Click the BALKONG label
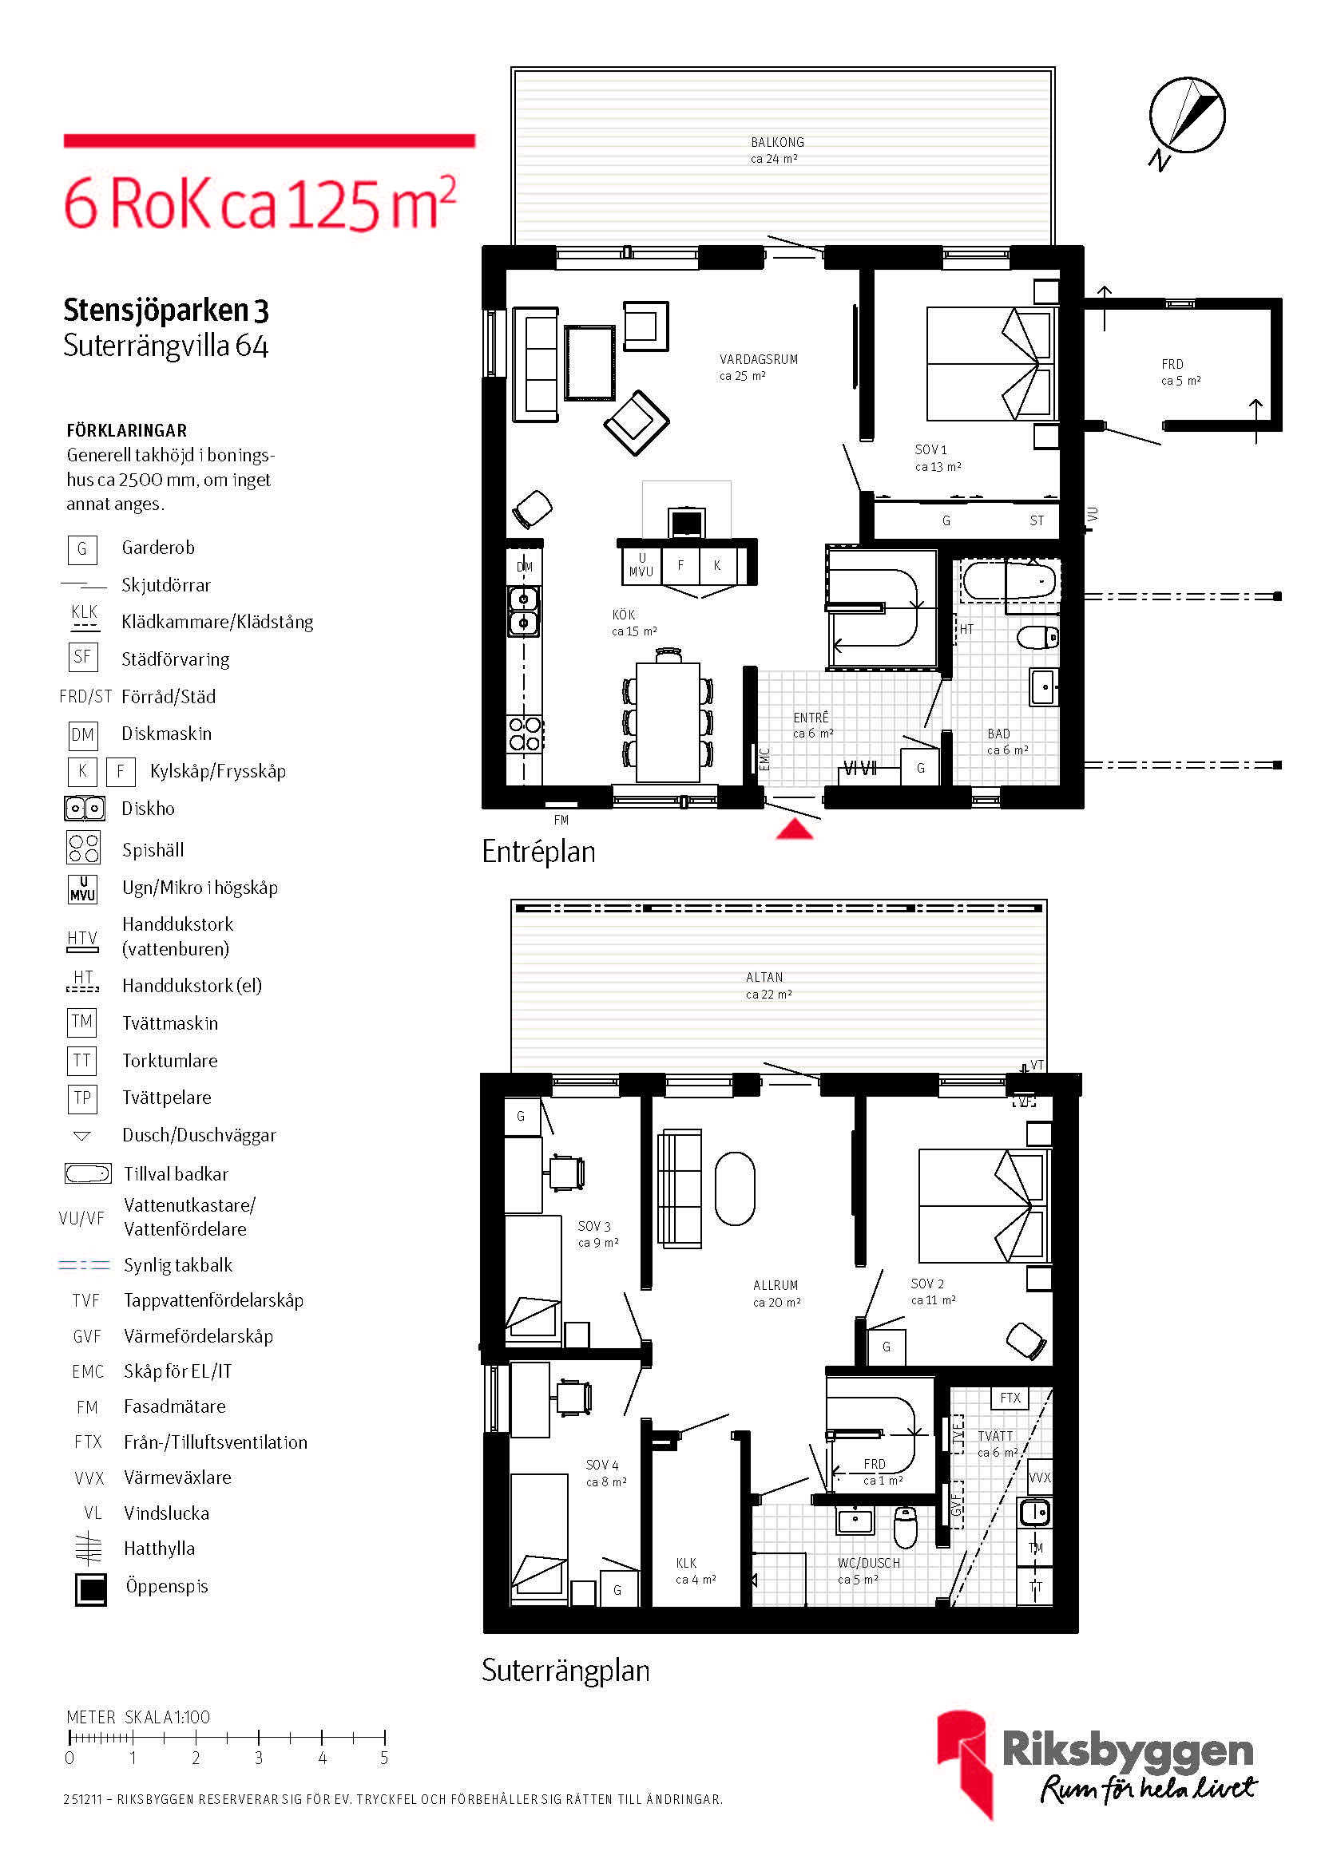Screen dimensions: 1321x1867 (777, 142)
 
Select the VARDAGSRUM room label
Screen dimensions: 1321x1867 (758, 359)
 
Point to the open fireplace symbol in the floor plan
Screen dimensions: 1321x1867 (687, 521)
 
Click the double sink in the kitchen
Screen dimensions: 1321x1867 (523, 611)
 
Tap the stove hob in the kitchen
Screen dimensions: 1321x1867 (525, 734)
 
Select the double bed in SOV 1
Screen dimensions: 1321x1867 (989, 363)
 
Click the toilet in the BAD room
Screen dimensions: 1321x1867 (1038, 637)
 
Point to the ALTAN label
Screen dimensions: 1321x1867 (764, 978)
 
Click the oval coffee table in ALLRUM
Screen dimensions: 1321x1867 (735, 1188)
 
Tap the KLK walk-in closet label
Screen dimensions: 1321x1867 (686, 1563)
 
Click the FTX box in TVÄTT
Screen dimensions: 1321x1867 (1010, 1398)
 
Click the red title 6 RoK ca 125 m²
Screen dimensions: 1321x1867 (260, 203)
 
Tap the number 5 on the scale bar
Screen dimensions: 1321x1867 (384, 1758)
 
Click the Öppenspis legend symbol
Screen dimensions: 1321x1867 (91, 1589)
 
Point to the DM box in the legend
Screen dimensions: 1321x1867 (82, 735)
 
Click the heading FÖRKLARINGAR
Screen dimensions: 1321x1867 (127, 431)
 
